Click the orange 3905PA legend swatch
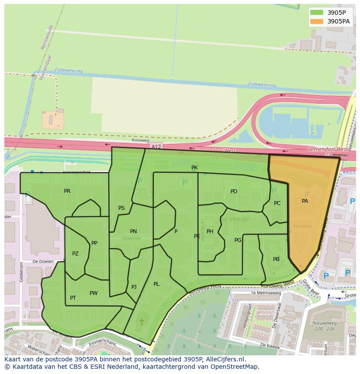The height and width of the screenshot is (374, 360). click(x=317, y=21)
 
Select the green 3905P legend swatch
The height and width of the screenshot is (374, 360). click(x=317, y=13)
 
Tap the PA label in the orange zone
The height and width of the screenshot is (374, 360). click(x=305, y=201)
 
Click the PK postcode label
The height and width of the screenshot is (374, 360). click(x=194, y=168)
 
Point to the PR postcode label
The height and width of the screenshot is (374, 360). click(x=67, y=191)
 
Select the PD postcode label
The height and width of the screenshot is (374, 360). click(x=234, y=192)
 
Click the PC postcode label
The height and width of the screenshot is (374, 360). click(x=277, y=203)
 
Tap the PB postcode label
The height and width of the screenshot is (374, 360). click(x=276, y=259)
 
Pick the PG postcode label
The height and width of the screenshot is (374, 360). click(x=238, y=240)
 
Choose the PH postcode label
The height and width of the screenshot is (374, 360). click(x=210, y=232)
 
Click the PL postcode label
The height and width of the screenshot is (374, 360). click(x=156, y=284)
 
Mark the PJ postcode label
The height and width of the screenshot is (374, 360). click(x=134, y=287)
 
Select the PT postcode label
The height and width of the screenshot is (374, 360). click(x=73, y=298)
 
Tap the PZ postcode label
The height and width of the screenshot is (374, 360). click(x=75, y=254)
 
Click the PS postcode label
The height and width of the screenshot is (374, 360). click(x=121, y=208)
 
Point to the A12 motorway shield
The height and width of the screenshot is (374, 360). click(x=156, y=147)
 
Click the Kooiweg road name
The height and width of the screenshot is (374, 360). click(x=140, y=141)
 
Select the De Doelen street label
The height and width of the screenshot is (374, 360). click(x=43, y=261)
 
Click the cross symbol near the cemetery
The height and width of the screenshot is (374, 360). click(x=141, y=321)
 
